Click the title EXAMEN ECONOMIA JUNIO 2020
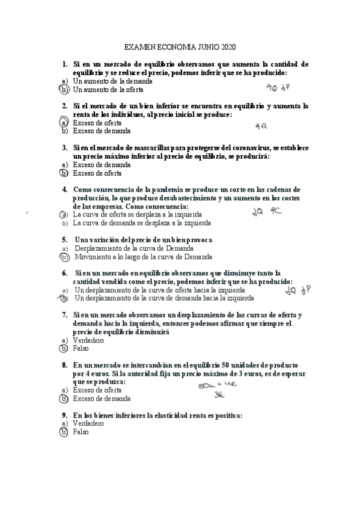[x=180, y=46]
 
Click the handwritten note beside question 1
[x=278, y=87]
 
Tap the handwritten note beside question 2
[x=260, y=126]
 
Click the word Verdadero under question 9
[x=88, y=423]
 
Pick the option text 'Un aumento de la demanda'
[x=112, y=81]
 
